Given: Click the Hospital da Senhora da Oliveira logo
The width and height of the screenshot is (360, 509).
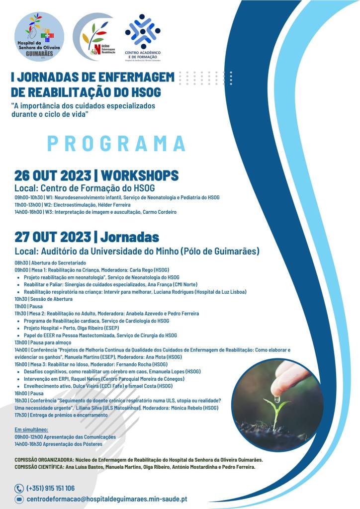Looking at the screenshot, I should pyautogui.click(x=39, y=36).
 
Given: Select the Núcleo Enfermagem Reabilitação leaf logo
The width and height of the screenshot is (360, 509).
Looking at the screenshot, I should pyautogui.click(x=94, y=37).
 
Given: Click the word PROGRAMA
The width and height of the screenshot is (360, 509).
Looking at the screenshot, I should pyautogui.click(x=117, y=143).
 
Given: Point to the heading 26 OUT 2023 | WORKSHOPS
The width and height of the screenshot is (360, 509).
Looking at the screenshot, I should pyautogui.click(x=96, y=175).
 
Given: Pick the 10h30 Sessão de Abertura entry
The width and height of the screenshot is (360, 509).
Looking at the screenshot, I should pyautogui.click(x=44, y=299).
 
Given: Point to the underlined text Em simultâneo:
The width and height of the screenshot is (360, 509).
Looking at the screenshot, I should pyautogui.click(x=31, y=429).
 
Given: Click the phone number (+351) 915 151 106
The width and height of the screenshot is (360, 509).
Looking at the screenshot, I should pyautogui.click(x=50, y=488).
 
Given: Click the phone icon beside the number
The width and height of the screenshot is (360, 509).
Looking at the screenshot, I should pyautogui.click(x=19, y=488).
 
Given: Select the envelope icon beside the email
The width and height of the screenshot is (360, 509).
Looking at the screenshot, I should pyautogui.click(x=19, y=499).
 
